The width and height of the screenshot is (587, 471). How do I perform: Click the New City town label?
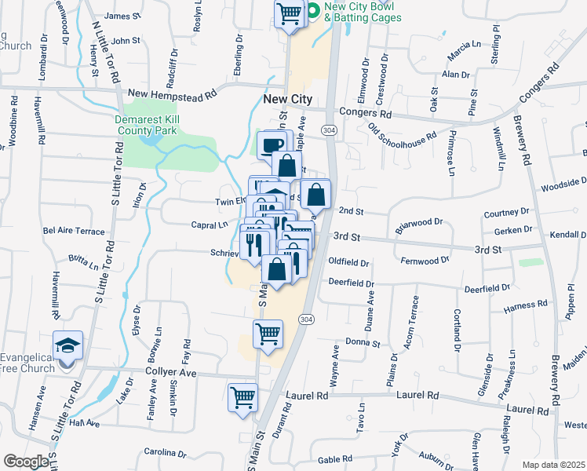(x=287, y=100)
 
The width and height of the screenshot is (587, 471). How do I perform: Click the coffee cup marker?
(x=272, y=146)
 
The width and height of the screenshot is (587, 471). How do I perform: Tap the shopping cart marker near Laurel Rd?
(x=242, y=396)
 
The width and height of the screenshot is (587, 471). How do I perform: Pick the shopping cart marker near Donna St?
(x=268, y=334)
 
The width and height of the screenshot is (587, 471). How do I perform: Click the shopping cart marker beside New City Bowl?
(x=289, y=13)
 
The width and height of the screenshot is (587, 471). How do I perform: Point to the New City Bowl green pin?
(x=312, y=11)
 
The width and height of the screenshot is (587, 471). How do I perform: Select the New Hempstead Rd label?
(x=172, y=94)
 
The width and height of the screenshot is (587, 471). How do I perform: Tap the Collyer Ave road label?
(x=170, y=372)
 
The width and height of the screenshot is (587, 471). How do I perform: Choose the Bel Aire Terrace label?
(x=74, y=232)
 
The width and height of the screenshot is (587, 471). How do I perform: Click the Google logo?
(x=26, y=462)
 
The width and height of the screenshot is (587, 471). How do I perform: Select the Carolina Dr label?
(x=163, y=453)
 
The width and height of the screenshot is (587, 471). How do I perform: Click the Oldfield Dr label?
(x=348, y=261)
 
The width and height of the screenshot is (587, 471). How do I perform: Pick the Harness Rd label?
(x=526, y=305)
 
